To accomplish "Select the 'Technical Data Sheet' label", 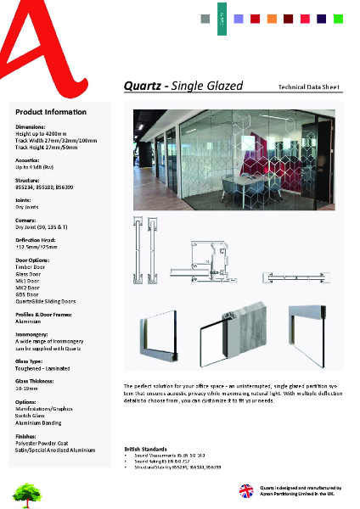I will coord(310,87).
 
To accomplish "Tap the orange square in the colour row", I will coord(272,18).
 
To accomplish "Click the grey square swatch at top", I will coord(205,18).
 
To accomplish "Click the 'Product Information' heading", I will coord(50,112).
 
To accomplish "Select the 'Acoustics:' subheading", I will coord(31,159).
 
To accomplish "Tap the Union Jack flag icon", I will coord(245,489).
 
